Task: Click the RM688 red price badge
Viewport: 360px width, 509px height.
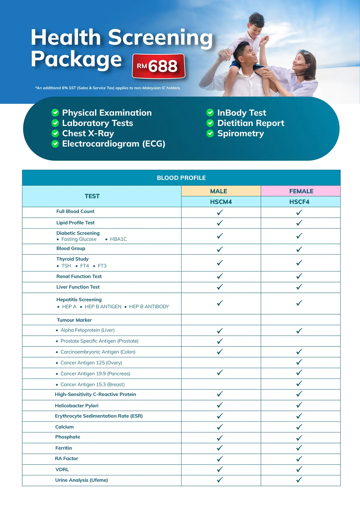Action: click(159, 66)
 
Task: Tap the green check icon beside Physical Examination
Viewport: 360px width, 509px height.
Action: click(55, 113)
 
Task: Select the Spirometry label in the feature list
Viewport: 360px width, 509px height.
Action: click(241, 133)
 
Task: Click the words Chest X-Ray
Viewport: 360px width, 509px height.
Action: click(88, 133)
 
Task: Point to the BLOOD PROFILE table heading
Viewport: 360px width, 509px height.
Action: click(181, 178)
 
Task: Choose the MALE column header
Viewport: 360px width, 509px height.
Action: click(219, 191)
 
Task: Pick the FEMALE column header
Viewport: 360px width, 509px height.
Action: click(301, 191)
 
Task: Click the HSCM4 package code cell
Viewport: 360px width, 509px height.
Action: click(221, 202)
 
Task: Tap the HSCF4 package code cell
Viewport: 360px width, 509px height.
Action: click(299, 202)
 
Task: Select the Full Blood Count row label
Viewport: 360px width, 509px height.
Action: click(75, 211)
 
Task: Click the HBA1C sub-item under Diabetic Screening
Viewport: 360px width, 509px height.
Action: click(118, 239)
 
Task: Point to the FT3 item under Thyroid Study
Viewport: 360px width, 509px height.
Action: click(102, 266)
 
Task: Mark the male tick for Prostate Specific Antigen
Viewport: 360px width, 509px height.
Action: click(220, 341)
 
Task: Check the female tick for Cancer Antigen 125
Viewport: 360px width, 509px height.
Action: click(299, 362)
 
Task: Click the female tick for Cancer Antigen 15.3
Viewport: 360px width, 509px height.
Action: click(299, 384)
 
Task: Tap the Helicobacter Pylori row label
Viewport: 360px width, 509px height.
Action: click(77, 406)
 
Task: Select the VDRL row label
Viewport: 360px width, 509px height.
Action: click(62, 469)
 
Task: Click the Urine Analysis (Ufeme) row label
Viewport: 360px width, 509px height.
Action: click(82, 480)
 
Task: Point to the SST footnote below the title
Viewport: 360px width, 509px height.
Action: click(108, 88)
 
